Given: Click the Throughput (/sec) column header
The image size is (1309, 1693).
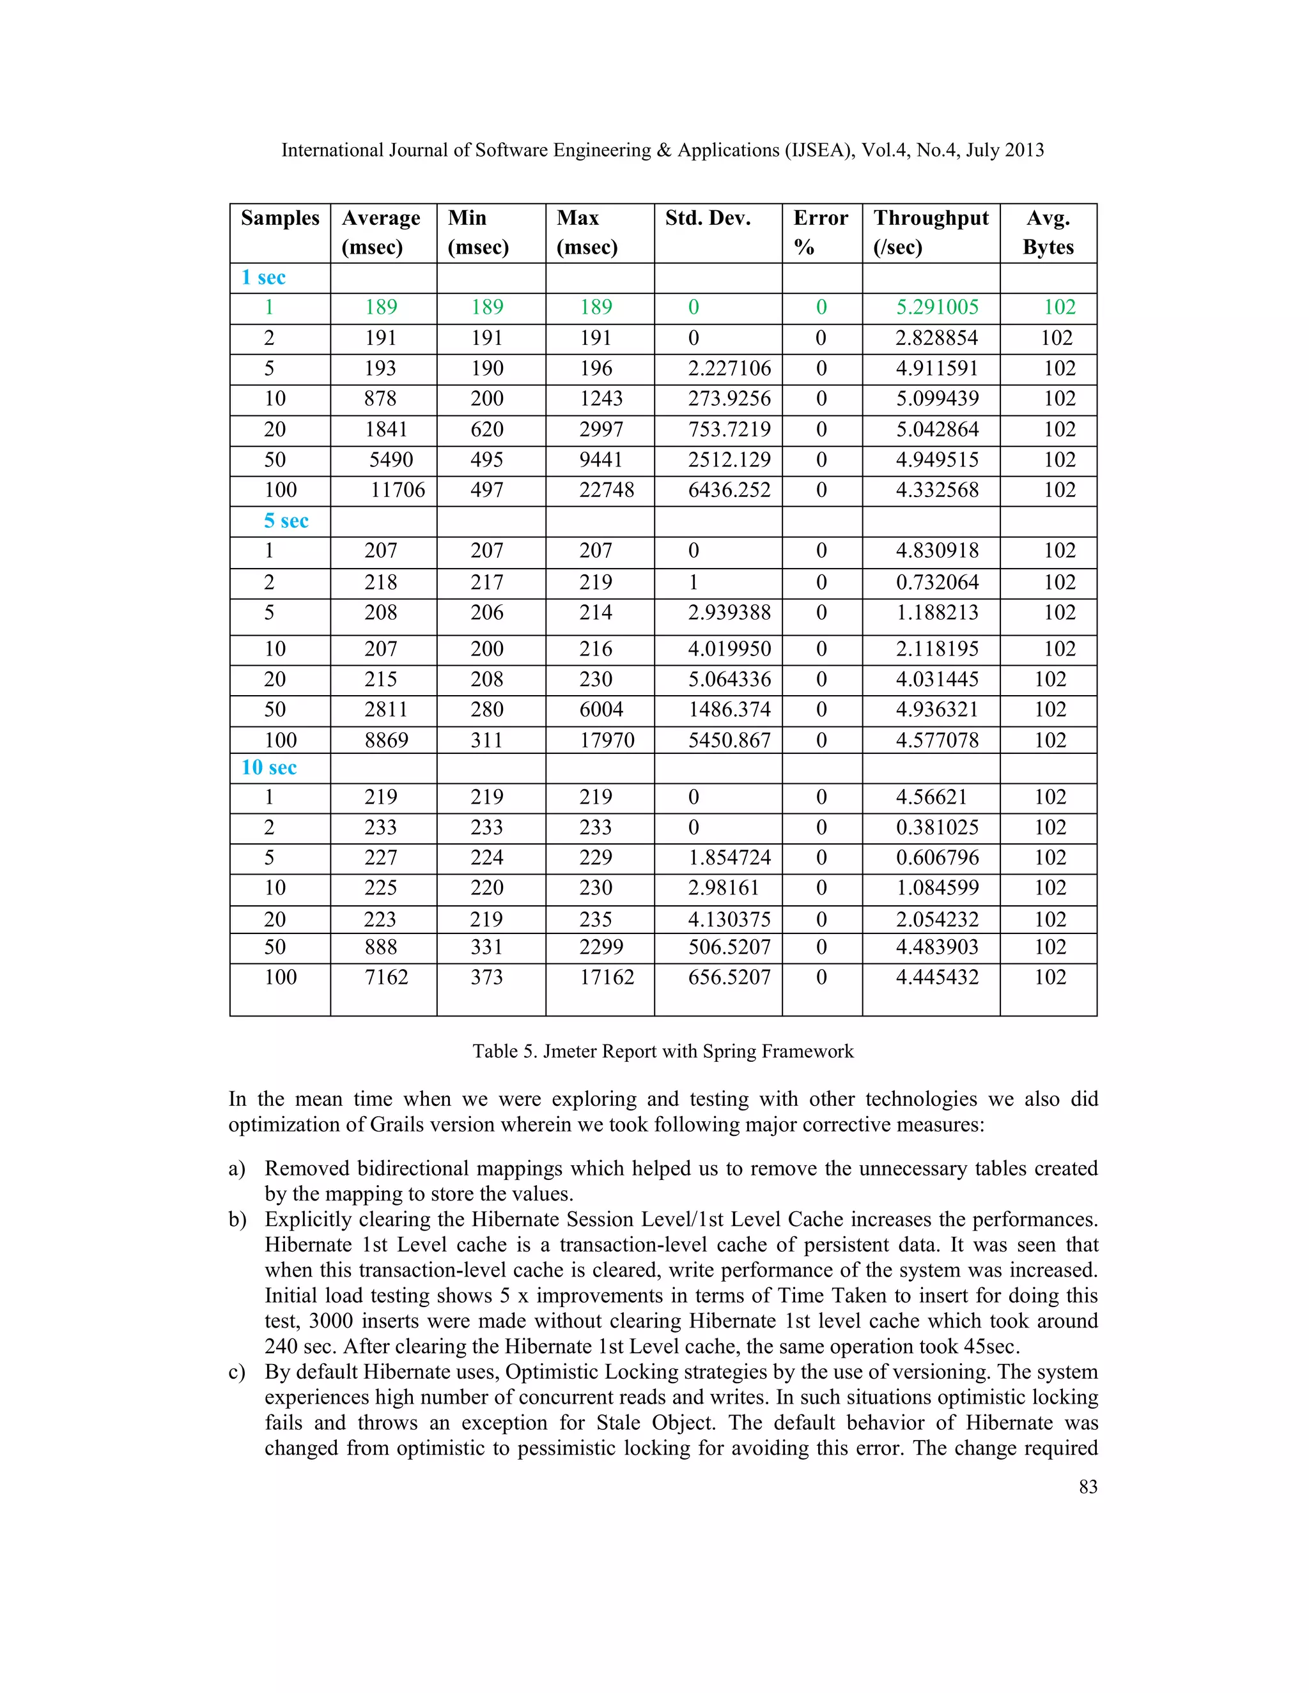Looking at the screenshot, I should tap(931, 232).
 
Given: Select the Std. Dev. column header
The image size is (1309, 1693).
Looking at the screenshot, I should tap(708, 218).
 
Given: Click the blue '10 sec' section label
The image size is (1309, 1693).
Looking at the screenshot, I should tap(268, 767).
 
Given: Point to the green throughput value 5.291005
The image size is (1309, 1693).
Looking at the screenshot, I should tap(937, 307).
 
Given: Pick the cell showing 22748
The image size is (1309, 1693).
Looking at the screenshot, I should tap(607, 490).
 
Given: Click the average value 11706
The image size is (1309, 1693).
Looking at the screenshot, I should tap(397, 490).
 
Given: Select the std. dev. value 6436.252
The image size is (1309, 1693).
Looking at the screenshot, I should tap(729, 490).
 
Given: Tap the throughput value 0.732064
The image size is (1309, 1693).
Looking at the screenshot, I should tap(937, 582).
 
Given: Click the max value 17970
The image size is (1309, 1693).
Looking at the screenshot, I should tap(607, 740).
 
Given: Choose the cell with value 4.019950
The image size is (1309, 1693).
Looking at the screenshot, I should tap(729, 649).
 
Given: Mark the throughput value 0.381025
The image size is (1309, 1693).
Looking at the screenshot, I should tap(937, 827).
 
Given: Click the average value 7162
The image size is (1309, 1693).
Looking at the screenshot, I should tap(386, 977).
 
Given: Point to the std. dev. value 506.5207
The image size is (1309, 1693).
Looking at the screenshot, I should tap(729, 947).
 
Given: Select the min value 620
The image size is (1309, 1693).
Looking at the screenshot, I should tap(487, 429).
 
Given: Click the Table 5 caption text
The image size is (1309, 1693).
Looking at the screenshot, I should tap(662, 1051).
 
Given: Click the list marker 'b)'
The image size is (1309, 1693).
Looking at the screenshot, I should tap(236, 1220).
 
